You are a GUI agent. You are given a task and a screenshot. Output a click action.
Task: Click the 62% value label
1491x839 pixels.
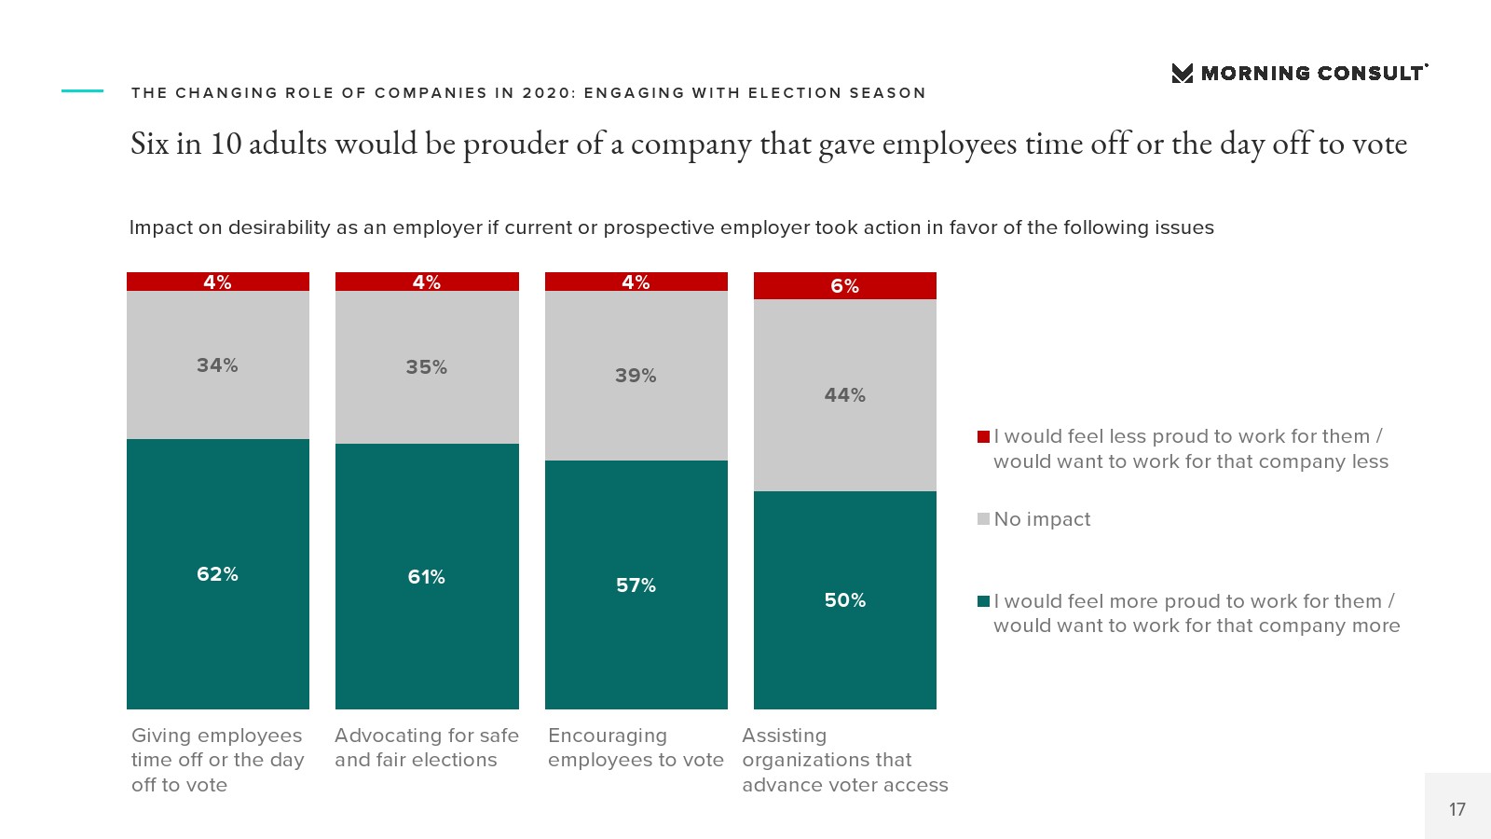[x=217, y=574]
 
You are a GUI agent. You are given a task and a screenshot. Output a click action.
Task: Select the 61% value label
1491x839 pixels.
[x=426, y=577]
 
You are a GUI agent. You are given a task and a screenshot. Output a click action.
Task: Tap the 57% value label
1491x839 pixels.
[x=636, y=585]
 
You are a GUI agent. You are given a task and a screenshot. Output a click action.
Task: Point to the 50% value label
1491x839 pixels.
[x=844, y=600]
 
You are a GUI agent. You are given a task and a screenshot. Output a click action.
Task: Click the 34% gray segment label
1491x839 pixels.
[x=217, y=365]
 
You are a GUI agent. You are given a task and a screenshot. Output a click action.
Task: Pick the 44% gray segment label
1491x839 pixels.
[x=844, y=395]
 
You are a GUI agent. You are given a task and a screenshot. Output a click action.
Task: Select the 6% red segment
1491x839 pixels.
[x=844, y=285]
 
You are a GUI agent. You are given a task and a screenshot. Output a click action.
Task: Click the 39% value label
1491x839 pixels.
[x=636, y=376]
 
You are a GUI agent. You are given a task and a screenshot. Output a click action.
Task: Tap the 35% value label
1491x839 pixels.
[x=426, y=367]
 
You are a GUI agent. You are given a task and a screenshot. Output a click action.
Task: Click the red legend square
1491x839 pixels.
[x=983, y=436]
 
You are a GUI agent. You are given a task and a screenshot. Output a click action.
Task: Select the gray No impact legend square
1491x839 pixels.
[x=983, y=519]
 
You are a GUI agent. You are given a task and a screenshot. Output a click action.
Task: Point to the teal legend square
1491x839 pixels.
[x=983, y=601]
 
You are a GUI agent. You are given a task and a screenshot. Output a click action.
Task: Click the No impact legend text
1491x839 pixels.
[x=1042, y=519]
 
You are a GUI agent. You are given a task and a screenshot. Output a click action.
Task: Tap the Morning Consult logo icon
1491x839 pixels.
[x=1182, y=74]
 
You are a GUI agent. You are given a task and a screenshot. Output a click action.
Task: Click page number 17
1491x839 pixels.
[x=1457, y=809]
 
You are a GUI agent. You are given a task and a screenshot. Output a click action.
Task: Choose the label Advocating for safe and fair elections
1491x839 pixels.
[x=426, y=748]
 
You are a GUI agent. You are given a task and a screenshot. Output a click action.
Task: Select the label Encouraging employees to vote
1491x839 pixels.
[x=636, y=748]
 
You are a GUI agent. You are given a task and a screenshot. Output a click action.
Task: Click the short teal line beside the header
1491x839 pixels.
[x=82, y=90]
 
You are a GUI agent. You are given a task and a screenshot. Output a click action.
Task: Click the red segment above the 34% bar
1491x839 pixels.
[x=217, y=282]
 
